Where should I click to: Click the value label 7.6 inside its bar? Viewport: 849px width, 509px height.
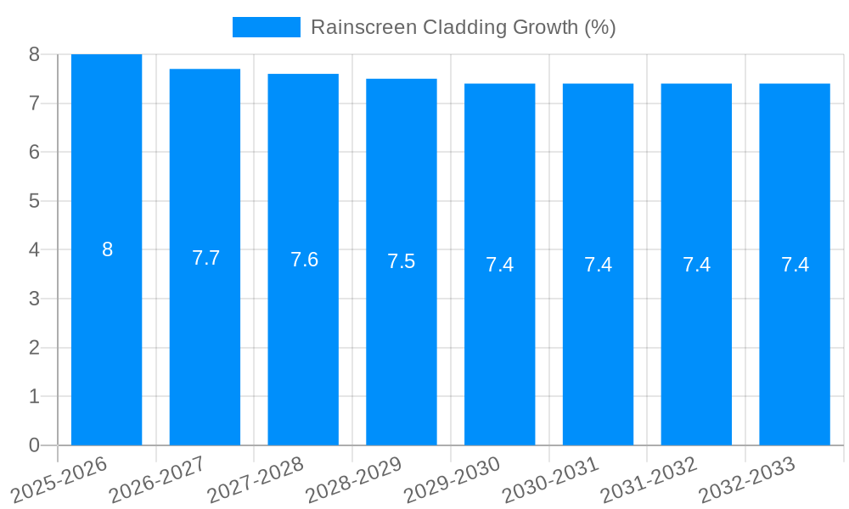(x=304, y=260)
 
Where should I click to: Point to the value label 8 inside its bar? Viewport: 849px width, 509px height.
(x=107, y=249)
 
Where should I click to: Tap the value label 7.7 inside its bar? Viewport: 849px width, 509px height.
(x=205, y=258)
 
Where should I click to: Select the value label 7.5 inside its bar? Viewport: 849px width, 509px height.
(x=402, y=261)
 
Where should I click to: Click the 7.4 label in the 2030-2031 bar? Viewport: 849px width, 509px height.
(x=598, y=265)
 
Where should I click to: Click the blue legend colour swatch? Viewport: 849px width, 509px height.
(x=266, y=27)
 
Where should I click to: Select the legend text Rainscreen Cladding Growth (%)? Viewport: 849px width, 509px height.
(x=463, y=27)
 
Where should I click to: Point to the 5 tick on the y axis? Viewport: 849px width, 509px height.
(x=34, y=201)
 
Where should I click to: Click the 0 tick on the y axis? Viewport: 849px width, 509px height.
(x=34, y=445)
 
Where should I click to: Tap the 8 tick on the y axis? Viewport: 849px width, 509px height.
(x=34, y=54)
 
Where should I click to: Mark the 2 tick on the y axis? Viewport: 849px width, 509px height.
(x=34, y=348)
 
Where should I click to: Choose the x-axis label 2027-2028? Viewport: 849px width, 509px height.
(x=256, y=479)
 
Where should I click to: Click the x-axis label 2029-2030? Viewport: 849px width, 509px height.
(x=452, y=479)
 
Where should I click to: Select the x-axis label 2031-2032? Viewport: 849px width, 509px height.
(x=649, y=479)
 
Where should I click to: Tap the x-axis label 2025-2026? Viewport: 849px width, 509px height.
(x=59, y=479)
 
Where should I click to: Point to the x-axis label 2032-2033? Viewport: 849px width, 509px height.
(x=747, y=479)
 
